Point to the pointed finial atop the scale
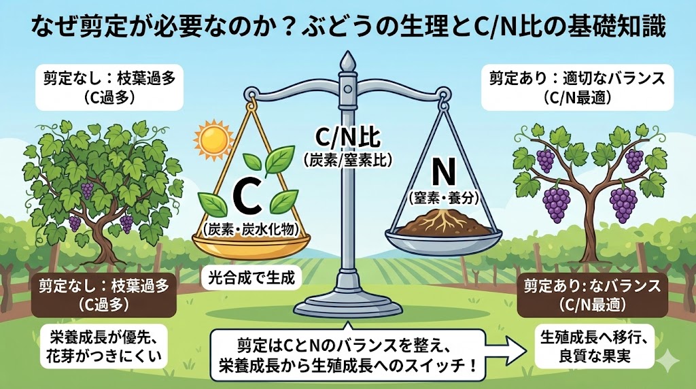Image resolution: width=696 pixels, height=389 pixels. point(348,61)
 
